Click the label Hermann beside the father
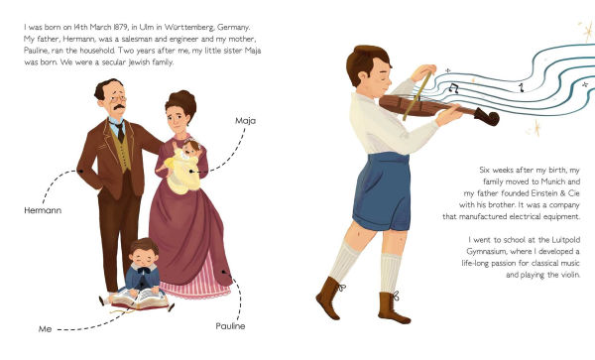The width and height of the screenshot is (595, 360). [43, 210]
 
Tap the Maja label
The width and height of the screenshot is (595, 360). [246, 121]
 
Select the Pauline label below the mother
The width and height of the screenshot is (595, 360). [230, 326]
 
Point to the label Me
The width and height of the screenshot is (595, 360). [46, 329]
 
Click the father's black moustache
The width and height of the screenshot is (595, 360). [119, 107]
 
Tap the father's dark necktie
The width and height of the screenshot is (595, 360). [120, 131]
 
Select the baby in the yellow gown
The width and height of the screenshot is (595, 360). [182, 166]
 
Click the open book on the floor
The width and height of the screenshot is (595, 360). [139, 299]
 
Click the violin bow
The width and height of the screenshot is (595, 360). [417, 96]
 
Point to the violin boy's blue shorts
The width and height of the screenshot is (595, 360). [382, 191]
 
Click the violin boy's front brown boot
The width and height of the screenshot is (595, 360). [329, 298]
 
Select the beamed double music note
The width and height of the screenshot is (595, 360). [454, 88]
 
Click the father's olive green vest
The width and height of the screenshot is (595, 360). [122, 151]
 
